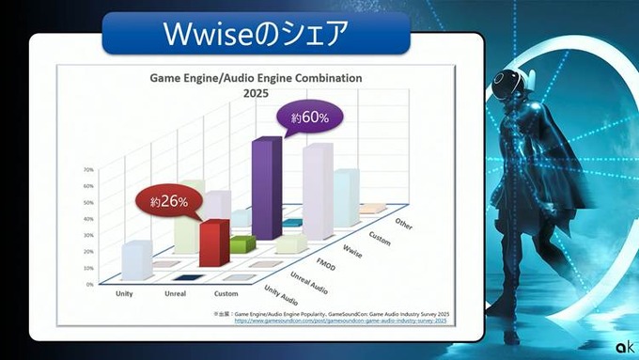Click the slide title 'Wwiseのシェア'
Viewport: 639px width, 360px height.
[x=256, y=34]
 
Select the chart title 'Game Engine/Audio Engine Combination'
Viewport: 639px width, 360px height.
[x=256, y=79]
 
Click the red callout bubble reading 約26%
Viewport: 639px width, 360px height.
[x=170, y=200]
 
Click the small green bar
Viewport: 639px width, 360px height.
[x=242, y=244]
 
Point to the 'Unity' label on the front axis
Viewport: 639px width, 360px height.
[x=123, y=293]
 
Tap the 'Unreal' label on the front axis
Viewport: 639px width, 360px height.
[x=175, y=293]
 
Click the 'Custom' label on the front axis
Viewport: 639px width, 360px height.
[x=226, y=293]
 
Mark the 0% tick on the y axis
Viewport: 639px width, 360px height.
[x=88, y=283]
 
